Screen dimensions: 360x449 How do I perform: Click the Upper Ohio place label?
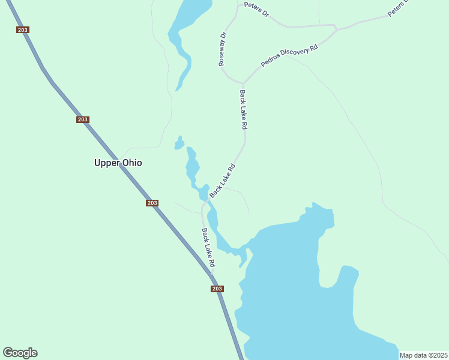118,163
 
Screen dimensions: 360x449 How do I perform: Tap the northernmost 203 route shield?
23,29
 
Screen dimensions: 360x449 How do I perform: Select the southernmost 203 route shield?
217,289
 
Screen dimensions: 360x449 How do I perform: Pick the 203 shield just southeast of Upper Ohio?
152,203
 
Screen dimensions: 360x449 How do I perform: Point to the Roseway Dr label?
223,49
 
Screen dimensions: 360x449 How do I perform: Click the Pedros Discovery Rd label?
289,55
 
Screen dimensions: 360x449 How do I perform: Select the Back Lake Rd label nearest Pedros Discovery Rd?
243,110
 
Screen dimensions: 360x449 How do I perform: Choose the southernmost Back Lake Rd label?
208,248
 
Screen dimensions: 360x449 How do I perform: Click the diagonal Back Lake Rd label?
222,181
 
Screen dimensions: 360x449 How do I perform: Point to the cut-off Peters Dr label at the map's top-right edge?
397,8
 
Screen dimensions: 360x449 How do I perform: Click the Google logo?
20,353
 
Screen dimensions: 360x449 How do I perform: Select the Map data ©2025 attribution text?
423,355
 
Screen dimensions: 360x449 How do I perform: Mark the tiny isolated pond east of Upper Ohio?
179,144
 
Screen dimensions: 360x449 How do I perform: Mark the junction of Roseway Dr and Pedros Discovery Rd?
243,83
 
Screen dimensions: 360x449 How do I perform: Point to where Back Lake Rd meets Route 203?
212,277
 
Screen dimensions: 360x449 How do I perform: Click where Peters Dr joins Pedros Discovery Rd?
337,28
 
